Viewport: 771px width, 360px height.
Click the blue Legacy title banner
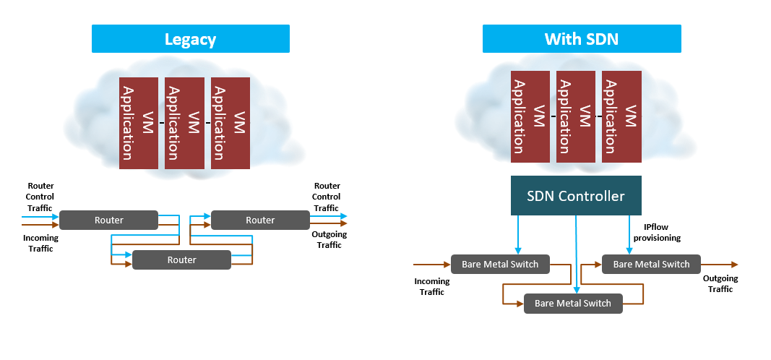(190, 38)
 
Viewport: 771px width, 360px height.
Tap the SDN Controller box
(576, 195)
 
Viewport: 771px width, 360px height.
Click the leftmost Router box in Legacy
(108, 220)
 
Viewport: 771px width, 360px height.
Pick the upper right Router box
(260, 220)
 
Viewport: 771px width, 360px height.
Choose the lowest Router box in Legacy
(181, 260)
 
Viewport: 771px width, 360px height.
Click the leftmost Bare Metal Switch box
(500, 264)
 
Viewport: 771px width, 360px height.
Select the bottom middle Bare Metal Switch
(573, 303)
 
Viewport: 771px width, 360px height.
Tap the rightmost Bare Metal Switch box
(651, 264)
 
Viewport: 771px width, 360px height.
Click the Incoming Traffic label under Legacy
(40, 243)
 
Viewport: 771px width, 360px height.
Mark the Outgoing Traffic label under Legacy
(329, 239)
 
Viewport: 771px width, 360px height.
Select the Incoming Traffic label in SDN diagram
(432, 286)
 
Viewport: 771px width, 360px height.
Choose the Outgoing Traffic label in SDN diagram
(720, 283)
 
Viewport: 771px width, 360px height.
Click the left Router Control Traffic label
(40, 197)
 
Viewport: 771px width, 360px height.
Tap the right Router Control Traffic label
(326, 197)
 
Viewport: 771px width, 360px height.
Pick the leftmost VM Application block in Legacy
(138, 123)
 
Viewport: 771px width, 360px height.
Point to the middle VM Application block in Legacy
(184, 123)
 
